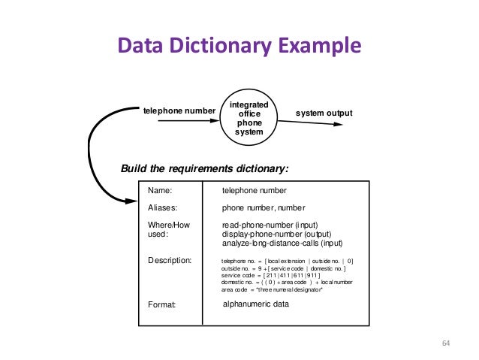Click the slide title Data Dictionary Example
239,47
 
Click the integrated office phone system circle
249,116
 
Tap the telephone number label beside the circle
179,111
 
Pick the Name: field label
159,192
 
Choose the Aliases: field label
163,207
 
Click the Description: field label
170,260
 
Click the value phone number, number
263,207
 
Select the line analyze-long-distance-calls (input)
282,244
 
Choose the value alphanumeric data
256,304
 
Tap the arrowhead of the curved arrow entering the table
137,200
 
